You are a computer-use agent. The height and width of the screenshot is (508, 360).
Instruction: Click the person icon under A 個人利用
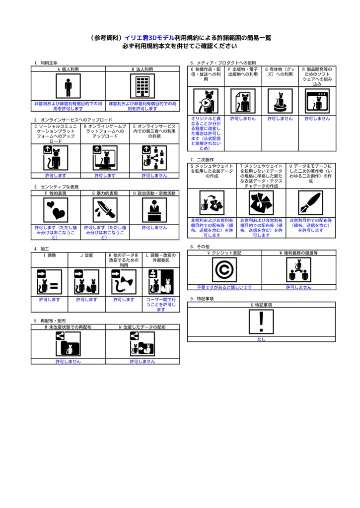tap(68, 87)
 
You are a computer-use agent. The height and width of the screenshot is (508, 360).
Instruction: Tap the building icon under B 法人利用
tap(143, 87)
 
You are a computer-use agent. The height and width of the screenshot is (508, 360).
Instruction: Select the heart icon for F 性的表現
tap(56, 210)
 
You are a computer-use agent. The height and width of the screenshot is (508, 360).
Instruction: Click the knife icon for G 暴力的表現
tap(105, 210)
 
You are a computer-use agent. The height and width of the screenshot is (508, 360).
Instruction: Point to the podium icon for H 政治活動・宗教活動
tap(154, 210)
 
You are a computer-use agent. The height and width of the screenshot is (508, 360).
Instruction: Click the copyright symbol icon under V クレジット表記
tap(224, 270)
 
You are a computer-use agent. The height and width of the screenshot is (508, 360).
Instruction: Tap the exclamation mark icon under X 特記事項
tap(261, 322)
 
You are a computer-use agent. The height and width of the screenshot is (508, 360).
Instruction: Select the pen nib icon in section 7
tap(311, 202)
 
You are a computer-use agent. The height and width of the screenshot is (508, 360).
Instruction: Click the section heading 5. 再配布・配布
tap(50, 320)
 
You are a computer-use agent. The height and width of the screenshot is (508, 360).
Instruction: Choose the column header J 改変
tap(86, 255)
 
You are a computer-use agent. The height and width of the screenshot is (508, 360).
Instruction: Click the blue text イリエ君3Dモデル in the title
tap(149, 38)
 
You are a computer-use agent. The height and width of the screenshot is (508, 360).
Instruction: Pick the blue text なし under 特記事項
tap(261, 339)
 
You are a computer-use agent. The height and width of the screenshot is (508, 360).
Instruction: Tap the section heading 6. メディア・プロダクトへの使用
tap(223, 63)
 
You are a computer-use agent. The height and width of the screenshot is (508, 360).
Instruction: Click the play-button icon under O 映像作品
tap(206, 101)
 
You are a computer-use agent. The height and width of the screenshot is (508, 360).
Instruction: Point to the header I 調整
tap(50, 255)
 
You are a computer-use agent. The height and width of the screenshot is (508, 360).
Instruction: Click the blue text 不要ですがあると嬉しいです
tap(224, 287)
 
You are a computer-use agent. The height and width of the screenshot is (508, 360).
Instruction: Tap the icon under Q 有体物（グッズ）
tap(280, 101)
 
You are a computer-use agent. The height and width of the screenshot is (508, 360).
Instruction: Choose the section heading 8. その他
tap(200, 247)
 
